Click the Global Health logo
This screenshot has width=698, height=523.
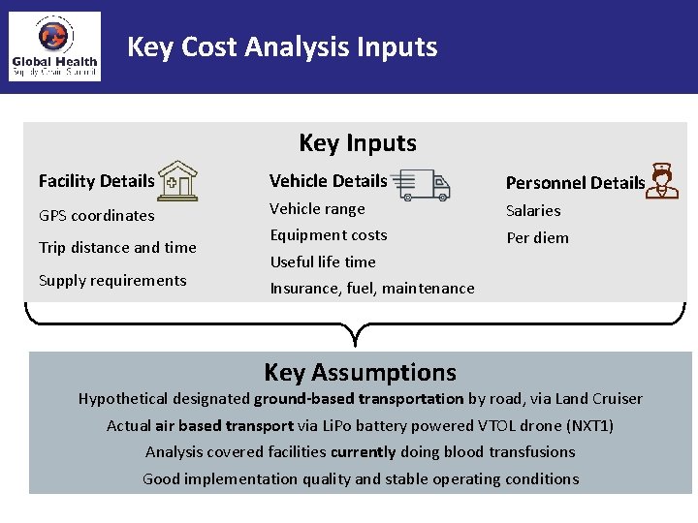click(x=54, y=46)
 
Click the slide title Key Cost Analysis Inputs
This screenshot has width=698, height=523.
click(x=282, y=46)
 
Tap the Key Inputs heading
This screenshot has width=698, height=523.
click(x=358, y=143)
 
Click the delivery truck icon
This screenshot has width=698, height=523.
click(x=423, y=181)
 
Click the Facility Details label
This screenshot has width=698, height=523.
click(x=96, y=181)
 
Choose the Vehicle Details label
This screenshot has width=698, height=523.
click(x=328, y=181)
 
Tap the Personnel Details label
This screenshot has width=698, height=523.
click(x=575, y=183)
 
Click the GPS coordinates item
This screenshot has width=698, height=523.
click(x=96, y=215)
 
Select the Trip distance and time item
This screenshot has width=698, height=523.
click(x=117, y=248)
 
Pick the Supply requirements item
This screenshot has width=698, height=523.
click(x=112, y=281)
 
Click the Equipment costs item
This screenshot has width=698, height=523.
click(x=328, y=235)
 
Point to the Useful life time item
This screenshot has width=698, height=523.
click(x=323, y=261)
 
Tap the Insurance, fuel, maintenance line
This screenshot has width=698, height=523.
click(x=372, y=288)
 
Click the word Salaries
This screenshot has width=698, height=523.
click(x=533, y=211)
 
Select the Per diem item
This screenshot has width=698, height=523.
click(x=537, y=238)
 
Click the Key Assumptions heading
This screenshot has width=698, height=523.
click(x=360, y=373)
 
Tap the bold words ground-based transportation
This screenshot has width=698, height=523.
click(x=359, y=399)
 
